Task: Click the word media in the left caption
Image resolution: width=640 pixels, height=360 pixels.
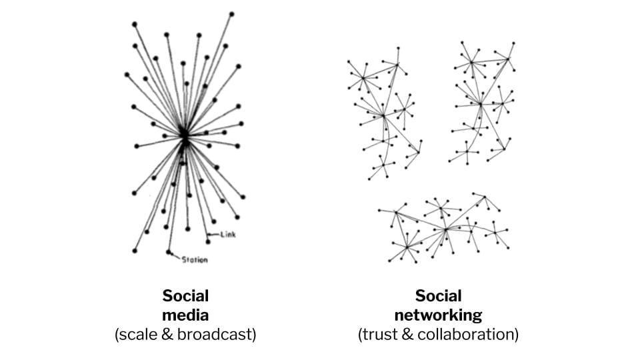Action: (185, 315)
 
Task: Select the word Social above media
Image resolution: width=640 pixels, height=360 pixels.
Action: (185, 296)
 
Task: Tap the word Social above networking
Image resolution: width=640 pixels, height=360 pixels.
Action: (438, 296)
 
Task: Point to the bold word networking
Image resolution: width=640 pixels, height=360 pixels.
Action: (438, 315)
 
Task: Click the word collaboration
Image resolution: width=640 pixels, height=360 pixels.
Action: (472, 334)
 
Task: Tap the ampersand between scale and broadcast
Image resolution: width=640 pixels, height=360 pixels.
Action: (169, 334)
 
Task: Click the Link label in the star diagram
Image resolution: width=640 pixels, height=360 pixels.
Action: (227, 235)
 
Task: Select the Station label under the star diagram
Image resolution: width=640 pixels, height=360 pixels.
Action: (195, 260)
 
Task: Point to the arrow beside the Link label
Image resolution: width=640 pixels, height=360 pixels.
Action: (213, 234)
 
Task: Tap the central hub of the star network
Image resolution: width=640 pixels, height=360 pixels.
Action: (184, 135)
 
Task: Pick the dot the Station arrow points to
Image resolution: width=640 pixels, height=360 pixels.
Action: (169, 252)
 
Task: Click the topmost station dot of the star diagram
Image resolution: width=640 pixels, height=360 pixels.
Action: (231, 13)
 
